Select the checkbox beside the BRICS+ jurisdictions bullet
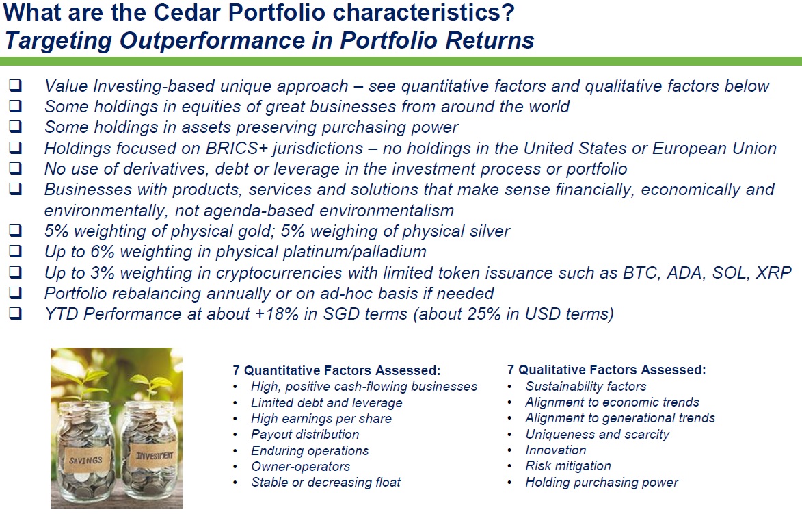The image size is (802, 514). click(15, 147)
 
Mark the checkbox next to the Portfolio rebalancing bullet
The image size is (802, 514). click(15, 293)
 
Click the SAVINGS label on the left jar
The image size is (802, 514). click(85, 460)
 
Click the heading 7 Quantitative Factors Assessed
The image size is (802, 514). click(336, 370)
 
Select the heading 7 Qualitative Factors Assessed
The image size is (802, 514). click(606, 370)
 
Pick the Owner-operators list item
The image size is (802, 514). click(301, 466)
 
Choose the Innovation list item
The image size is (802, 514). click(556, 450)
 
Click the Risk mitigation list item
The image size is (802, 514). click(568, 466)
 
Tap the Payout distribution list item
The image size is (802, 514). click(306, 435)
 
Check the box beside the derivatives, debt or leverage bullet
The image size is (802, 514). click(15, 168)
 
